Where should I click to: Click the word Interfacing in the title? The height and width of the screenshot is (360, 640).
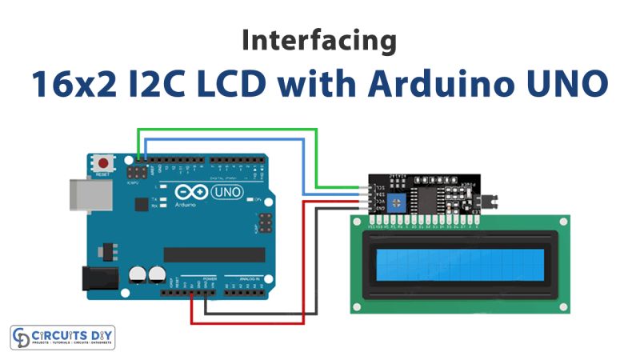click(319, 41)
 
